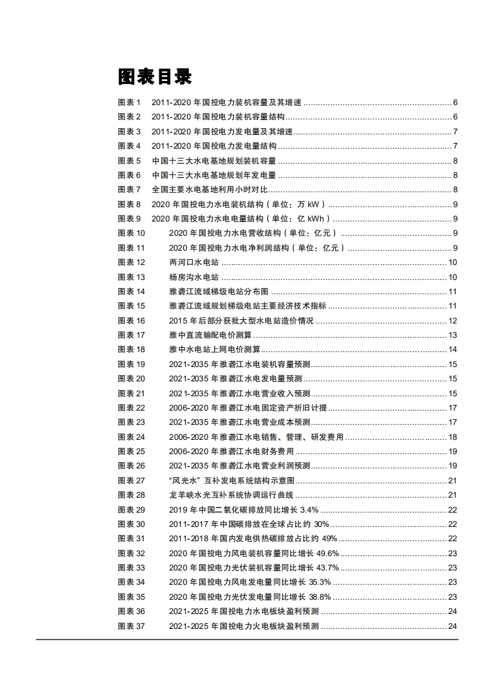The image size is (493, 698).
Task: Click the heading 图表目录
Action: (x=155, y=77)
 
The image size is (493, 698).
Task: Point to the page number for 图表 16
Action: (x=453, y=321)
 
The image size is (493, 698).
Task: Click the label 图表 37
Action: (x=131, y=626)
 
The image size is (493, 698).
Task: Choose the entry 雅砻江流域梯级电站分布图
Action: (x=219, y=292)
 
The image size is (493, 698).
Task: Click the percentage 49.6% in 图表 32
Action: (x=328, y=554)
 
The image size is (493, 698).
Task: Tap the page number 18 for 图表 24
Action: (x=453, y=437)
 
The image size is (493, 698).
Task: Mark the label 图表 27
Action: (x=131, y=481)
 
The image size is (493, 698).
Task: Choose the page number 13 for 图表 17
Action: (x=453, y=335)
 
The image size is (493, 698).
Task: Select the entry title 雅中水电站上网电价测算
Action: (x=214, y=350)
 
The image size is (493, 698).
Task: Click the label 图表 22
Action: (x=131, y=408)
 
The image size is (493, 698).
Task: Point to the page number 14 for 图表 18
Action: (x=453, y=350)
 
